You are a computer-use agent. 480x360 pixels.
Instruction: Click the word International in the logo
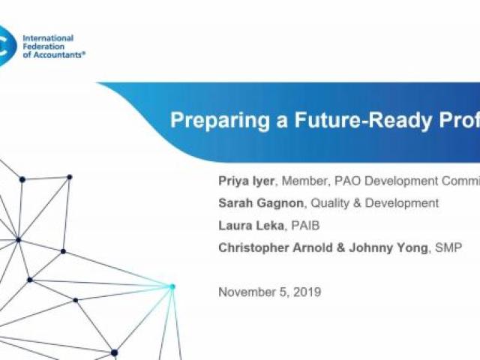click(48, 38)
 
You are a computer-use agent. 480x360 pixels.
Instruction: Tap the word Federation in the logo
click(43, 46)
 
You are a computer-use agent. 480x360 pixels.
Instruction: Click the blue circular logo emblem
click(7, 46)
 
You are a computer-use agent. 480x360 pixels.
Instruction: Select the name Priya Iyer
click(246, 181)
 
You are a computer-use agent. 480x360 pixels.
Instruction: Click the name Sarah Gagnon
click(261, 203)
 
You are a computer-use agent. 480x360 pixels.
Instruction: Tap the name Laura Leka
click(251, 226)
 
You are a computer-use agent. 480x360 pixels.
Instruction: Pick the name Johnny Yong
click(388, 247)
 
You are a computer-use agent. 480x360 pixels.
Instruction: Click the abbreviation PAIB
click(305, 226)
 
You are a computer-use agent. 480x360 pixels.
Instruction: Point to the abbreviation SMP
click(448, 247)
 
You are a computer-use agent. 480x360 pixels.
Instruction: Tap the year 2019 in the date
click(307, 292)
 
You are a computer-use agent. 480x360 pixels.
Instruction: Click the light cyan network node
click(172, 286)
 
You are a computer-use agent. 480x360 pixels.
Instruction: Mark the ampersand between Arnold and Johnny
click(340, 247)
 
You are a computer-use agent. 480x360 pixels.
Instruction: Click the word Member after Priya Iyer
click(304, 181)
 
